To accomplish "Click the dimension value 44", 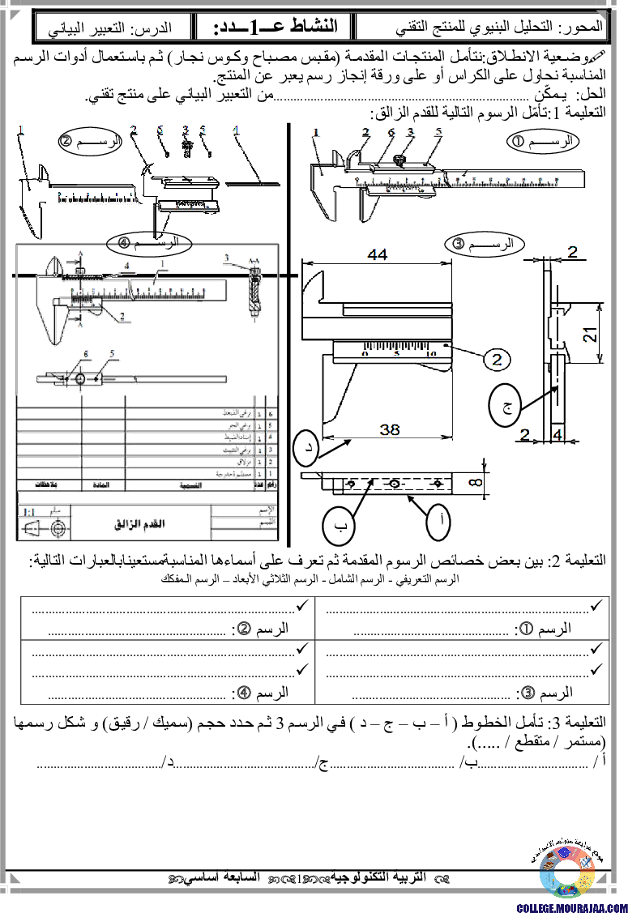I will click(377, 254).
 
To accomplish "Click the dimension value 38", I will click(389, 430).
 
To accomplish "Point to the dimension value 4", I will click(558, 435).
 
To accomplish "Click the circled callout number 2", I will click(498, 359).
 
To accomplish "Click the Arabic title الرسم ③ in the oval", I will click(485, 244).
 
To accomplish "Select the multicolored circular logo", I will click(566, 872).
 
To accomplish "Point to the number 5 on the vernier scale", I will click(397, 353).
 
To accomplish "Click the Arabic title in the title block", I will click(142, 523).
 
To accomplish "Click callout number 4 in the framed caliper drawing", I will click(126, 264).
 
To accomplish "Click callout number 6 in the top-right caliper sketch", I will click(390, 132).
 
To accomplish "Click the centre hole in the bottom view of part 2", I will click(393, 484).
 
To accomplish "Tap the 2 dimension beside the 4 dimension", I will click(525, 435).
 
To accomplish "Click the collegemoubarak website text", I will click(571, 907).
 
